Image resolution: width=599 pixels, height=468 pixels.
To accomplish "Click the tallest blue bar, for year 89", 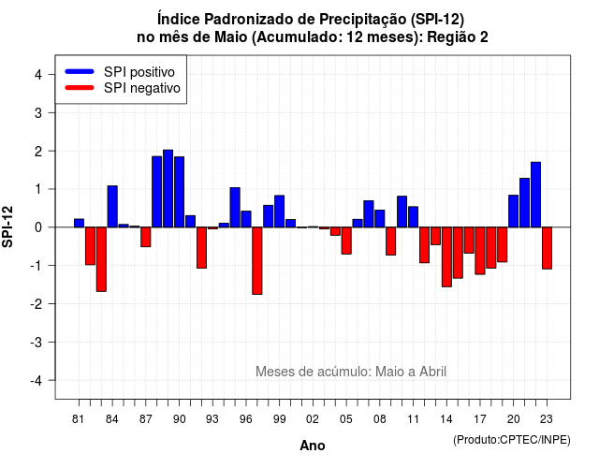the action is click(x=168, y=189).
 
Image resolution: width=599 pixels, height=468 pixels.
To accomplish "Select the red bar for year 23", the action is click(x=547, y=248).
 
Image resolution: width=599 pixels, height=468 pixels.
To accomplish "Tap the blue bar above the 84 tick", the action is click(x=112, y=206).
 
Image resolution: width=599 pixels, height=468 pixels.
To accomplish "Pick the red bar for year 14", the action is click(x=446, y=256).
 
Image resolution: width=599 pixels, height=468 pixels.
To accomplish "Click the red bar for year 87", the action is click(x=146, y=237).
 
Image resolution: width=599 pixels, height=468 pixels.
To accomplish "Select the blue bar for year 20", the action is click(x=514, y=211).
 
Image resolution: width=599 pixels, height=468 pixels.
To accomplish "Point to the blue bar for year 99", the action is click(x=279, y=212).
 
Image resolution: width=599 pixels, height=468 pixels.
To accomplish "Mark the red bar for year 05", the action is click(x=346, y=241).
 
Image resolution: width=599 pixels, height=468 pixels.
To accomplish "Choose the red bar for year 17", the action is click(x=480, y=251).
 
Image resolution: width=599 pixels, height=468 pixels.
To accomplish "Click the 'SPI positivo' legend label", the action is click(x=139, y=72).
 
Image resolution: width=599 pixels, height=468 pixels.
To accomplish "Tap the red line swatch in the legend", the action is click(x=80, y=87).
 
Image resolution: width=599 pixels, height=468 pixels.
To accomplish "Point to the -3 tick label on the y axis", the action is click(x=37, y=342).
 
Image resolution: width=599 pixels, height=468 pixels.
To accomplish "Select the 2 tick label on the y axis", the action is click(x=38, y=152).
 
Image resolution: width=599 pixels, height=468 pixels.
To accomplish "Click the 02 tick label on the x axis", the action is click(x=313, y=419).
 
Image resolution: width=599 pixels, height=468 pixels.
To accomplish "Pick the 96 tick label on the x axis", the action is click(x=245, y=419).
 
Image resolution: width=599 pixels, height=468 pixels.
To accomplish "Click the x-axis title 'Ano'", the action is click(x=313, y=446).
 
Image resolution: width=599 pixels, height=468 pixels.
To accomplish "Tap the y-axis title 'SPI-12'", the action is click(x=7, y=227).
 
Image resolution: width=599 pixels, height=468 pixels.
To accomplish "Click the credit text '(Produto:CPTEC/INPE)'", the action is click(x=512, y=440).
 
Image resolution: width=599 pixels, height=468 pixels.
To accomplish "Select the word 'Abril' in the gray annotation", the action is click(x=432, y=372).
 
